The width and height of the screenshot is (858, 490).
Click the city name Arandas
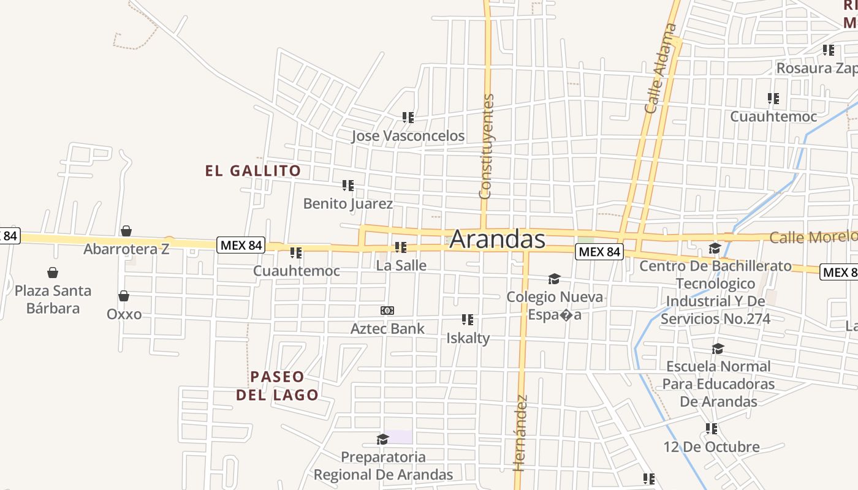[497, 239]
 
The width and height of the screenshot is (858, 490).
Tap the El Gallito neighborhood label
[253, 171]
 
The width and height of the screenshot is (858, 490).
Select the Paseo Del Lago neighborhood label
[277, 385]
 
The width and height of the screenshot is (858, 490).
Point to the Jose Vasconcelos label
[408, 135]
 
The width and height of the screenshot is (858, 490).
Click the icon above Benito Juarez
[348, 185]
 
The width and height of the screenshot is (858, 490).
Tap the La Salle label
[401, 266]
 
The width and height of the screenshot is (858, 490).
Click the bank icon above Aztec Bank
[387, 311]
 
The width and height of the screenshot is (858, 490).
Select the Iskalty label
[468, 337]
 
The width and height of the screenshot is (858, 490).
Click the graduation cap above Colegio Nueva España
[554, 279]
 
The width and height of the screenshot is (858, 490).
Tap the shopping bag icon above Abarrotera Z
[126, 231]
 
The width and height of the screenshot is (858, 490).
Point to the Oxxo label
[124, 314]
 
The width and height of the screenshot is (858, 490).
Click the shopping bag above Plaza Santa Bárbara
[53, 273]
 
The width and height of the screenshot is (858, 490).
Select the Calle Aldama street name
[662, 68]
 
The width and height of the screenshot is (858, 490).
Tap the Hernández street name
[520, 433]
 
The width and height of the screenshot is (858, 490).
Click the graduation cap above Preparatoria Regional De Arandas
[383, 439]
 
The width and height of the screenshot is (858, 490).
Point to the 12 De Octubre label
[711, 447]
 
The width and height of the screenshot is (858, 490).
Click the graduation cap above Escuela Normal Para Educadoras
[718, 349]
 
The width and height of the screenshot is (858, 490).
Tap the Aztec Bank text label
[387, 328]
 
